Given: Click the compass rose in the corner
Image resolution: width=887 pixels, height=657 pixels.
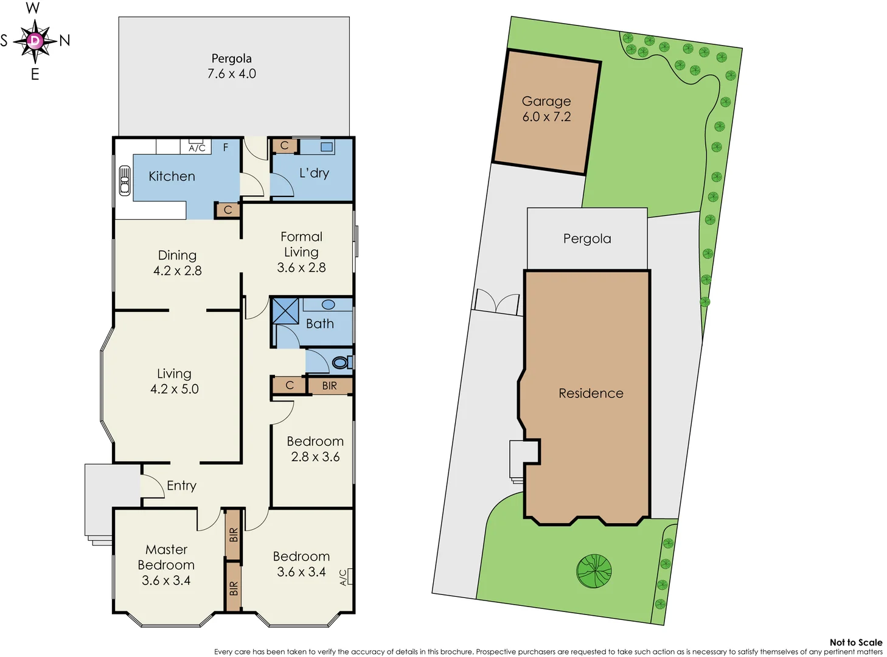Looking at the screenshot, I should (x=35, y=41).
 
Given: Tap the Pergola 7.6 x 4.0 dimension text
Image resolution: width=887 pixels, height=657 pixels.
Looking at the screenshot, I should (x=232, y=74).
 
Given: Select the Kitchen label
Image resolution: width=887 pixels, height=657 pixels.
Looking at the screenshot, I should (x=172, y=176).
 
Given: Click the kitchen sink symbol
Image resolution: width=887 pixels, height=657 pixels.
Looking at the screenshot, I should (x=125, y=181).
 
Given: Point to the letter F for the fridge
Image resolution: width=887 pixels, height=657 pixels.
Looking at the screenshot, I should (x=226, y=147).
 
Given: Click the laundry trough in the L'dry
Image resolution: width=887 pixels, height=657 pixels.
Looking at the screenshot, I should (x=327, y=147).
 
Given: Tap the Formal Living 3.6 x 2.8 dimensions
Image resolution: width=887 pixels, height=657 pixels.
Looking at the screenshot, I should (x=301, y=268).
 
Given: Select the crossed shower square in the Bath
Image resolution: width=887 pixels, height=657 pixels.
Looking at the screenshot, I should (x=285, y=311).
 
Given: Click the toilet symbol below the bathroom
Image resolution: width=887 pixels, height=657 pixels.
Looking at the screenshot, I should (x=341, y=363).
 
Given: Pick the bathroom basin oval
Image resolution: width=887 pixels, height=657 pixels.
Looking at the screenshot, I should (x=329, y=305).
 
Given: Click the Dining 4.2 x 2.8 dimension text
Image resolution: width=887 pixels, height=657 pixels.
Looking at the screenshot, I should (x=177, y=271).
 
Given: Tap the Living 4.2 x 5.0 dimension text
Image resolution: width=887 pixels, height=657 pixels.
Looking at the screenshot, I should (x=175, y=389).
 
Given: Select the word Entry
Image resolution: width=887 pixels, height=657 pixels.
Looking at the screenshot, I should (x=181, y=485).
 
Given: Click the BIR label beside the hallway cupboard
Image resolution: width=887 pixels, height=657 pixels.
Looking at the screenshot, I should (x=329, y=386).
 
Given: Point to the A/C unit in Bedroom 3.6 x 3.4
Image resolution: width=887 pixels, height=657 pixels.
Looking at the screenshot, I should (x=346, y=577).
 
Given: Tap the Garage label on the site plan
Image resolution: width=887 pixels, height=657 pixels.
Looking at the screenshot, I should (x=546, y=101).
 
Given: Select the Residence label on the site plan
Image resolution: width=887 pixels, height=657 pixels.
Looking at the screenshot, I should (x=591, y=394).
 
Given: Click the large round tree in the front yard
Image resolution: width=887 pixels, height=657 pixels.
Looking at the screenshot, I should (x=594, y=571).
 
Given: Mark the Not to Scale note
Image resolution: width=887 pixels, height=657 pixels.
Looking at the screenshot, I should (x=855, y=642).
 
